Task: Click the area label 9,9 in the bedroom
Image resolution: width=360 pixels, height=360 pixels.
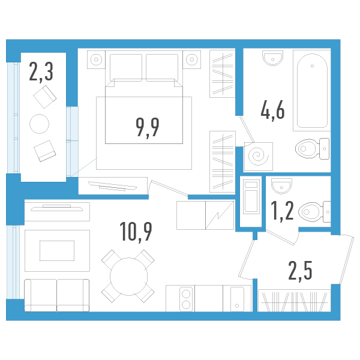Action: pos(148,127)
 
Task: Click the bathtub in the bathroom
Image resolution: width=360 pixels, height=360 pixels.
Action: pos(311,90)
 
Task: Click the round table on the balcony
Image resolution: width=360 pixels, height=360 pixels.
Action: pos(40,124)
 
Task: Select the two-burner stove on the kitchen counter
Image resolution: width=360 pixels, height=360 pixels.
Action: pos(185,298)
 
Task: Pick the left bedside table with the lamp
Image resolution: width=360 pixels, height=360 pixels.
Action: pos(96,59)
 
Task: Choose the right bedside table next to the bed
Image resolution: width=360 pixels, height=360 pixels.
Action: pos(191,59)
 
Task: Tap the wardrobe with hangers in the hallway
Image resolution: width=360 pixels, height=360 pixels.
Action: pos(293,300)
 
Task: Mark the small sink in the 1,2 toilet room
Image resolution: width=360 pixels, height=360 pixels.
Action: pos(281,183)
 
